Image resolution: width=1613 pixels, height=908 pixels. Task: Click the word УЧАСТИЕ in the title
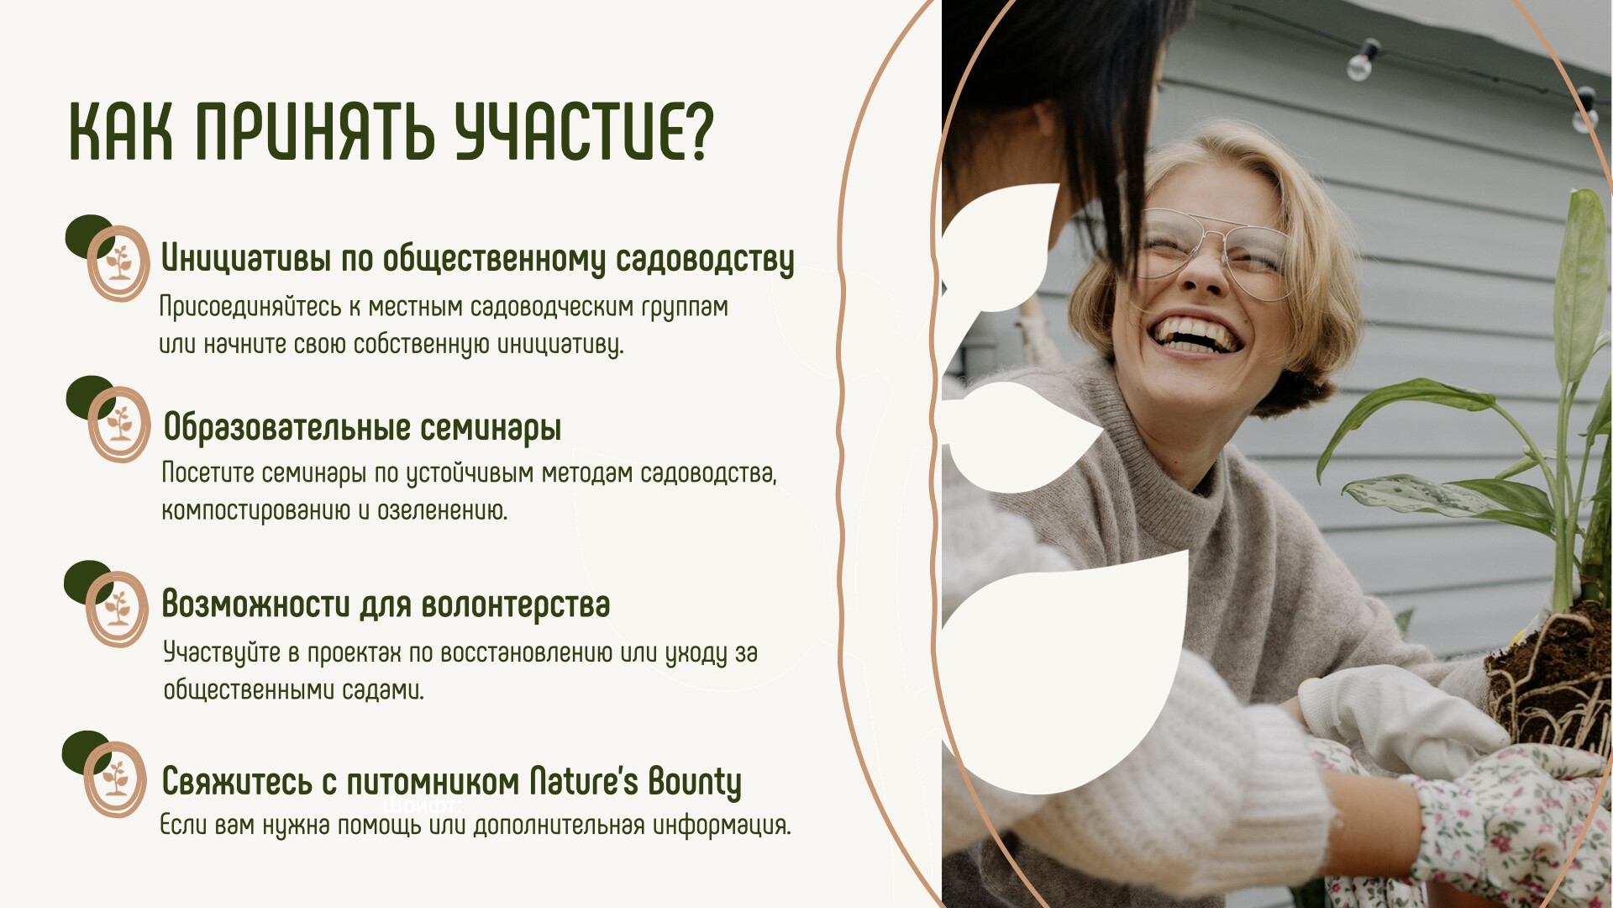click(584, 132)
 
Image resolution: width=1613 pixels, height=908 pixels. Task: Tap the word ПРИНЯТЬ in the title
click(315, 132)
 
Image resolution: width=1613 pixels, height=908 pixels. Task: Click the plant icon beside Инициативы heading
click(118, 263)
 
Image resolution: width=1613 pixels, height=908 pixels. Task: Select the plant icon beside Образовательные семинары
click(119, 425)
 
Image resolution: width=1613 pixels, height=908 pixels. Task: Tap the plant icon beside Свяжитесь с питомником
click(115, 779)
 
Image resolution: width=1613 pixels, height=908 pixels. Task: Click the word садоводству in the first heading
click(705, 260)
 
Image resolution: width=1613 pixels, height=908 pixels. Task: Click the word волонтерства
click(516, 604)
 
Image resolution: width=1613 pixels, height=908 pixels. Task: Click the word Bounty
click(695, 783)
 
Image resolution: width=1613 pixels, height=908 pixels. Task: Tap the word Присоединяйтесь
click(250, 307)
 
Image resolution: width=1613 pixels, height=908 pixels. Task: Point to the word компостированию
click(255, 511)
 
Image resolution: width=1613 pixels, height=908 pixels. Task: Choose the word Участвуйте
click(222, 653)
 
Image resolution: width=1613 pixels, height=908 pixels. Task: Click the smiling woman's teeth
click(1196, 334)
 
